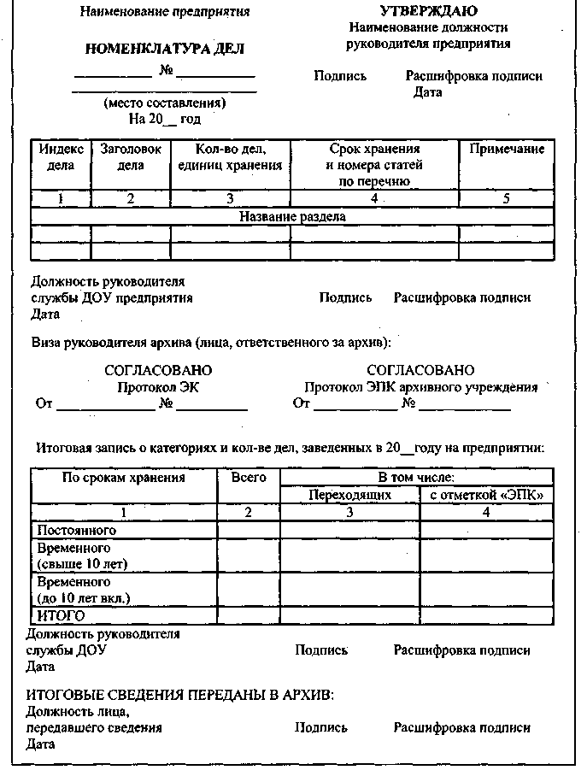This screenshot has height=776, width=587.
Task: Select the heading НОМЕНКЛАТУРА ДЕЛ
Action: click(164, 49)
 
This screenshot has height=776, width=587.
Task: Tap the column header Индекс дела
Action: click(60, 157)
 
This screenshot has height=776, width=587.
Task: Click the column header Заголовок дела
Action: click(131, 157)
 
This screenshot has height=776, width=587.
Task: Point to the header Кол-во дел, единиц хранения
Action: click(230, 157)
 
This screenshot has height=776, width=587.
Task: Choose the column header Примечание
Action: click(507, 150)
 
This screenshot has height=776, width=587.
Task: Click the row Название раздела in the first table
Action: click(292, 216)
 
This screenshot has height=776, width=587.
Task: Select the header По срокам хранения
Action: click(124, 478)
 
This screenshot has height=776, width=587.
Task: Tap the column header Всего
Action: click(249, 478)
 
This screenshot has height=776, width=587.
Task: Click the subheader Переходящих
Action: click(349, 495)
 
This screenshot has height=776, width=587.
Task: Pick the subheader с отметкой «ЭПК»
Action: click(486, 495)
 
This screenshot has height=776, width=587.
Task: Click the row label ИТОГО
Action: click(61, 615)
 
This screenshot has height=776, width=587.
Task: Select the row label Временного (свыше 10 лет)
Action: click(78, 556)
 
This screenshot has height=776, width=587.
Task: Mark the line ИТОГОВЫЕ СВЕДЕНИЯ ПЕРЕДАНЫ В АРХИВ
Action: click(179, 695)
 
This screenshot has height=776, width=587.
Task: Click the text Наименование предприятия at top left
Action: click(165, 13)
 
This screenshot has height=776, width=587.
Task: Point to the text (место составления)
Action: click(164, 103)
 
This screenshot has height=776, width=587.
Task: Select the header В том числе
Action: click(416, 478)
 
